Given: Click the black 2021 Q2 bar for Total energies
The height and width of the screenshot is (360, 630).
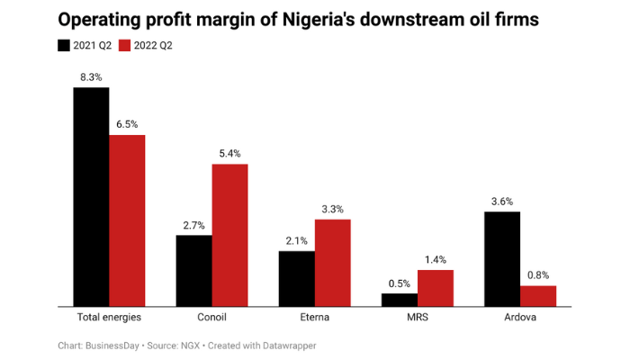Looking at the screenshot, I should tap(91, 196).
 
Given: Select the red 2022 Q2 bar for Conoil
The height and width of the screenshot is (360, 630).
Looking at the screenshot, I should tap(229, 235).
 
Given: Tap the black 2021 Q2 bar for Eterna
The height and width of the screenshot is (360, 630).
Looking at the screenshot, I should tap(296, 278).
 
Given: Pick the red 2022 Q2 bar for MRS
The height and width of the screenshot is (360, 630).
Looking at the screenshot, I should tap(436, 288).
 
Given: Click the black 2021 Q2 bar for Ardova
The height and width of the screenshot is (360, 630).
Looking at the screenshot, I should tap(501, 258).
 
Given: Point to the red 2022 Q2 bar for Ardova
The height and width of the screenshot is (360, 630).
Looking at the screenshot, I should tap(538, 296).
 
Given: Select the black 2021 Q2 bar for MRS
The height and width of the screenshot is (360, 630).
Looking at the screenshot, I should tap(399, 300).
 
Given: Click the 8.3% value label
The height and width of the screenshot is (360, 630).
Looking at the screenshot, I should tap(91, 77).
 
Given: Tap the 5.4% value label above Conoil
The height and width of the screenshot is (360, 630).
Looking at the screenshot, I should tap(229, 154).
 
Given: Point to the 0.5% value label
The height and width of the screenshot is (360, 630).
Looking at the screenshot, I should tap(399, 283).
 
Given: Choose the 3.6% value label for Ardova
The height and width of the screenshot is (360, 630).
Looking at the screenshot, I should tap(501, 202).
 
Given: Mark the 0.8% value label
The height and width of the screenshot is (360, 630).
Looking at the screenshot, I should tap(538, 275).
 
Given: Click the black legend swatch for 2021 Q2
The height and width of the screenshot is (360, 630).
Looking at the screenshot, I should tap(64, 44).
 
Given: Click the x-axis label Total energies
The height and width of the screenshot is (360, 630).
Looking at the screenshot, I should tap(109, 318).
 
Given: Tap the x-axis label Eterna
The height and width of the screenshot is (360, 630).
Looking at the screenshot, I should tap(314, 318).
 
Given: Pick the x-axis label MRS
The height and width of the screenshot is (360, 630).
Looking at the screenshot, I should tap(417, 318).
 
